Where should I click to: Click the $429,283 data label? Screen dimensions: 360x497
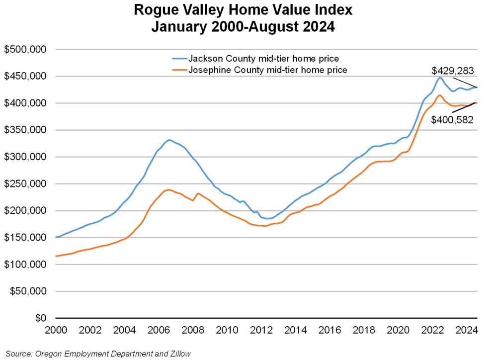click(453, 72)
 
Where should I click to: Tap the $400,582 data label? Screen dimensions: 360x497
click(453, 119)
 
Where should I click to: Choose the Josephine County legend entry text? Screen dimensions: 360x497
click(268, 70)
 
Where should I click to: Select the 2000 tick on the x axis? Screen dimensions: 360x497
click(56, 330)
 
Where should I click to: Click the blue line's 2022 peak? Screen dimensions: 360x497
click(440, 78)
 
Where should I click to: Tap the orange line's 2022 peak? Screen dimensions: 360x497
click(440, 95)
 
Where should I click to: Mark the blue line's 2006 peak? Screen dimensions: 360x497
click(169, 140)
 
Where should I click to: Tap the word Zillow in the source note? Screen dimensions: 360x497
click(178, 354)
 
